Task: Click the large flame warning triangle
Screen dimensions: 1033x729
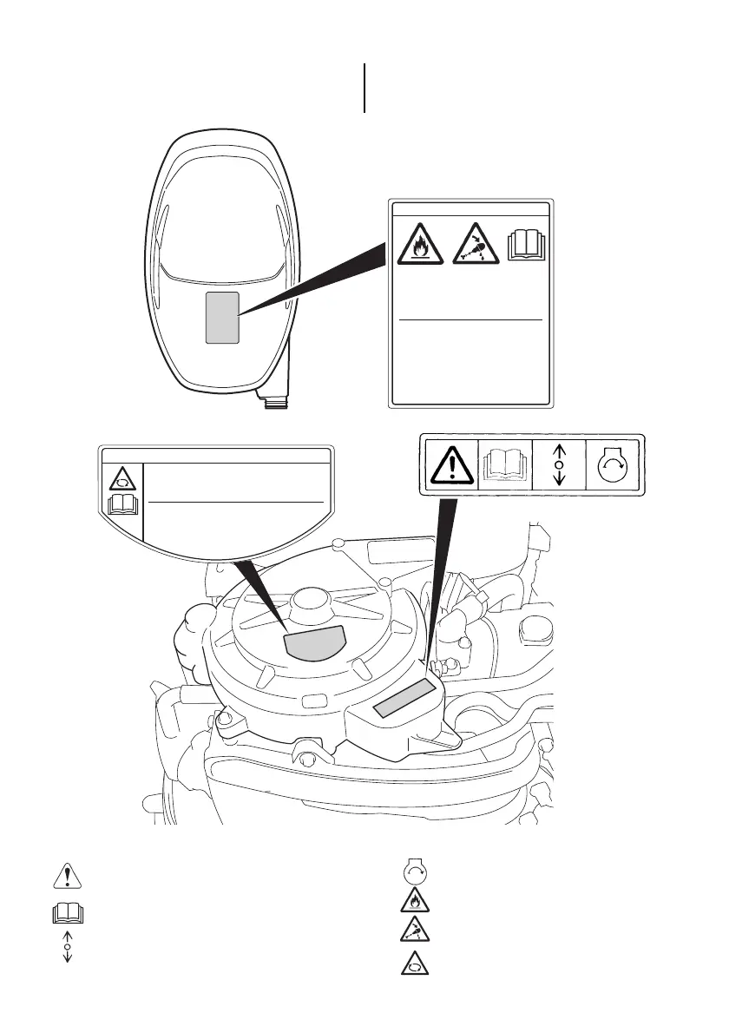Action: (421, 246)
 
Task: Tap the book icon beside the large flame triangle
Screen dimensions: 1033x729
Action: (525, 244)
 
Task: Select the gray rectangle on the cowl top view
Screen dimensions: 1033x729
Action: (221, 317)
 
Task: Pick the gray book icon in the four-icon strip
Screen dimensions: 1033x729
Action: (504, 464)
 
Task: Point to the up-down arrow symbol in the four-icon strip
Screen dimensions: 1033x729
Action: (559, 464)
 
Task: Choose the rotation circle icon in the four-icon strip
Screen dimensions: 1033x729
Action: (614, 464)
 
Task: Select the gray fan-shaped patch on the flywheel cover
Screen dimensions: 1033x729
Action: (314, 643)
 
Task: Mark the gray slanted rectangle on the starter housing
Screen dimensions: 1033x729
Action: (403, 700)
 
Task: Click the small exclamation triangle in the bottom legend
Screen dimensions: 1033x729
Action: (68, 877)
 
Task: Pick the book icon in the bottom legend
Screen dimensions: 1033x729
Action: (68, 914)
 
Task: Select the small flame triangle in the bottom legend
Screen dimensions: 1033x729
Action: (413, 901)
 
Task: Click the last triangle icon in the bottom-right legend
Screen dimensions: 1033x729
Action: (413, 963)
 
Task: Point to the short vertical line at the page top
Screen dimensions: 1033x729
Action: (364, 87)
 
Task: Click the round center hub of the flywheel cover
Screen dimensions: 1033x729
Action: (311, 601)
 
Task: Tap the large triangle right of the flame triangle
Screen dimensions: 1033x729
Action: (476, 246)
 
